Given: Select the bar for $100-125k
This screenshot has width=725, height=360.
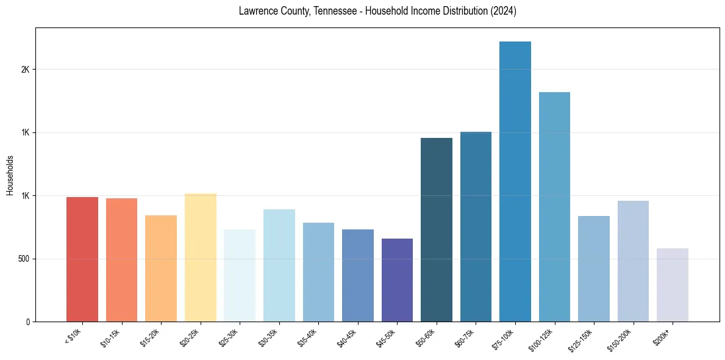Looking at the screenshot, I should [554, 207].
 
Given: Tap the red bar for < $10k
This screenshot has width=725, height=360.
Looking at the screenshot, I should [82, 259].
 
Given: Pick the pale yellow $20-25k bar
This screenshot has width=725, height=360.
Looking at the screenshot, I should [200, 257].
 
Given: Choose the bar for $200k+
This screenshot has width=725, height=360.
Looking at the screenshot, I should [673, 285].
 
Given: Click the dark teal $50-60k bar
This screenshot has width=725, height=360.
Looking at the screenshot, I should [437, 230].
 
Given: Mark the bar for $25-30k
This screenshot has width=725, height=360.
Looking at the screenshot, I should [240, 276].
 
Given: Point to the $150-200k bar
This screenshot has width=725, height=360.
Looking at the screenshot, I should [633, 261].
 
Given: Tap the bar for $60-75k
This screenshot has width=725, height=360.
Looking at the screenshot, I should [476, 227].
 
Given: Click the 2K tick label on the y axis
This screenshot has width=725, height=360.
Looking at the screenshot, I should [25, 70].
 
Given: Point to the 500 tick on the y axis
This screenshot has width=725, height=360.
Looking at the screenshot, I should [23, 259].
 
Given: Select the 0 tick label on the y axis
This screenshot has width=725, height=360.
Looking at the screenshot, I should [27, 322].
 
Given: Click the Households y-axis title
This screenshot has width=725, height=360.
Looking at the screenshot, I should [10, 175].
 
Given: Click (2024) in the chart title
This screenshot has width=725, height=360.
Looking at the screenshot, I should [502, 12].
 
